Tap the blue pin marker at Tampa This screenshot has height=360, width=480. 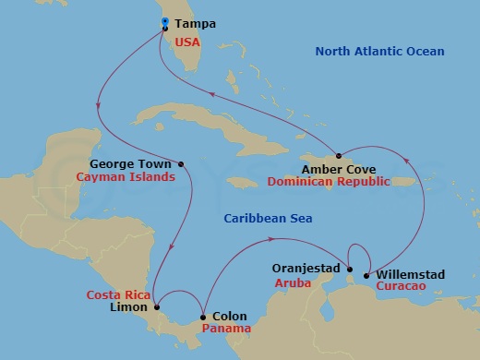[164, 22]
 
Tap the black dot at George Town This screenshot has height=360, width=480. [181, 165]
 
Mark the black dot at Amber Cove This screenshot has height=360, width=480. [340, 155]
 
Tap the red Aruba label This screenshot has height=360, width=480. [293, 283]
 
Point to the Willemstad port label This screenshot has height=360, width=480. [409, 273]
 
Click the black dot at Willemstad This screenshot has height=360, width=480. [366, 275]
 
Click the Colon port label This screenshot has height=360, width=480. [231, 314]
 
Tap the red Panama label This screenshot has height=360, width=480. [230, 328]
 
